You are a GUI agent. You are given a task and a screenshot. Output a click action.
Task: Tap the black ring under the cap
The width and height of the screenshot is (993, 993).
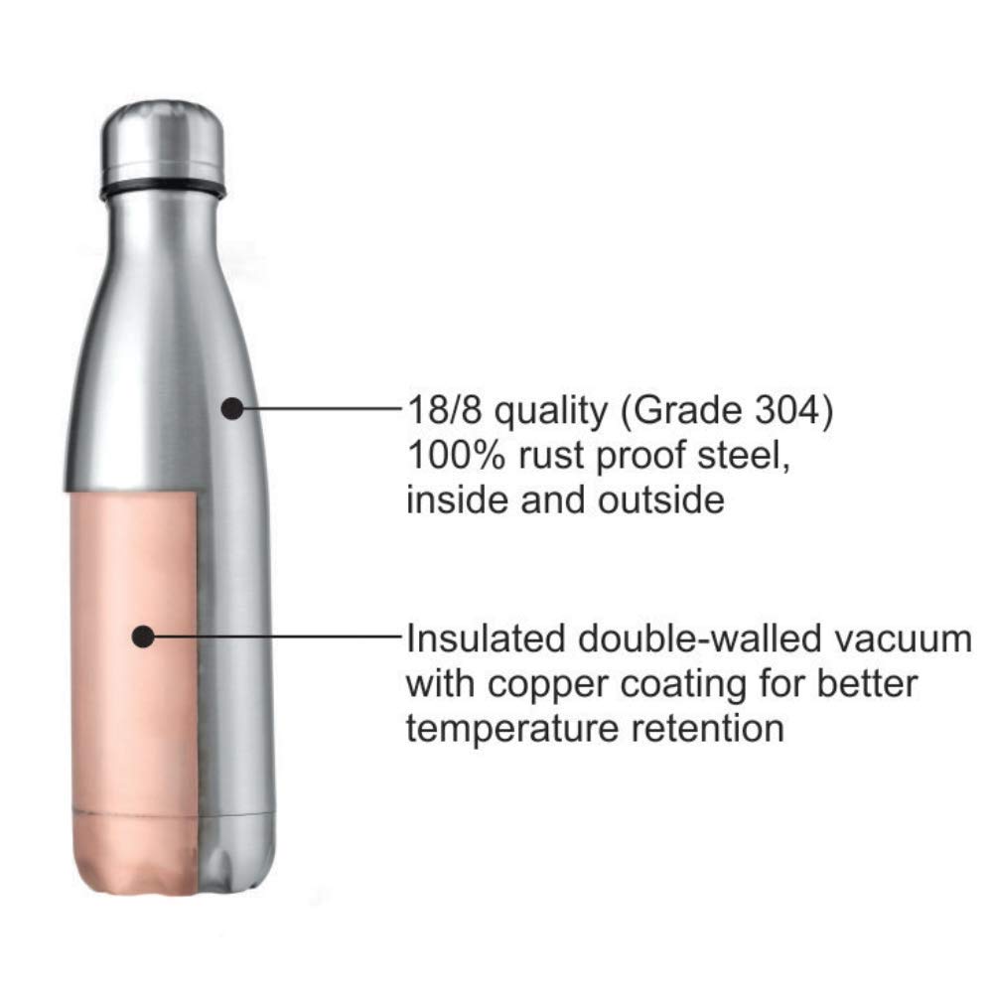[x=163, y=188]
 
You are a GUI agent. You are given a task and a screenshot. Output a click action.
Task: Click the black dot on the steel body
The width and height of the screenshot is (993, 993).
[x=231, y=407]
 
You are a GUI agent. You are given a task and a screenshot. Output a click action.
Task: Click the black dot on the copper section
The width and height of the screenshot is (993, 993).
[x=144, y=637]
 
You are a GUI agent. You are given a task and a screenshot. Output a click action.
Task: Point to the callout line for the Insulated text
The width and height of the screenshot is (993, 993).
[x=278, y=637]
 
